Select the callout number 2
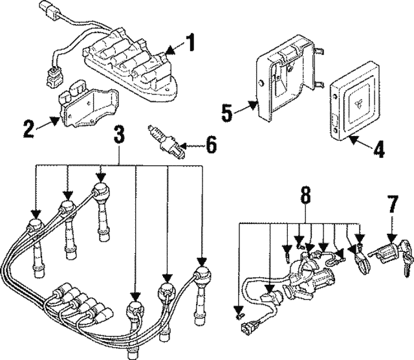[x=28, y=128]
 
